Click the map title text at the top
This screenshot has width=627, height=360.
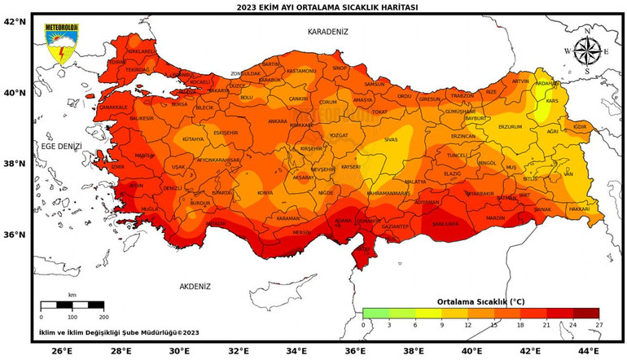[313, 7]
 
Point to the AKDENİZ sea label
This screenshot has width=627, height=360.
[195, 287]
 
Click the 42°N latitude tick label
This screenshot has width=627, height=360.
[15, 22]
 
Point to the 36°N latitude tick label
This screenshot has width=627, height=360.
[15, 235]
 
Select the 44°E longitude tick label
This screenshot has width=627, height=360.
[590, 352]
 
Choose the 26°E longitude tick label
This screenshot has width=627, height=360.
[62, 352]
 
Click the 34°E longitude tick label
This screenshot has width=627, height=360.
[296, 352]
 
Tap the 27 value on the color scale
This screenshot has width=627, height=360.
[598, 325]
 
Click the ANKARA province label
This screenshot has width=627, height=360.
[278, 121]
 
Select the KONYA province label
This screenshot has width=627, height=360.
[265, 193]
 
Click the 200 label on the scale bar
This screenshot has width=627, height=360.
[103, 317]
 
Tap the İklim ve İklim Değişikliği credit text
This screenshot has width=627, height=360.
[118, 332]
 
